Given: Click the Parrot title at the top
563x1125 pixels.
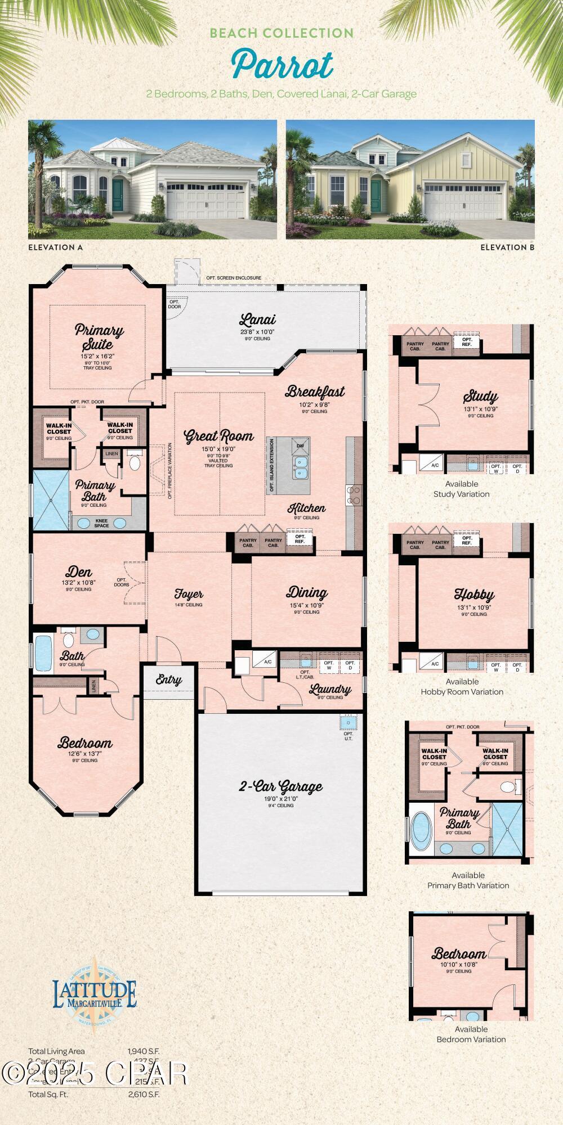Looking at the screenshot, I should [282, 65].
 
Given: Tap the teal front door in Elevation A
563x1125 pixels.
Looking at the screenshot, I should [118, 195].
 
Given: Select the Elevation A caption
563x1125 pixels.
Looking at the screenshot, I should [55, 247].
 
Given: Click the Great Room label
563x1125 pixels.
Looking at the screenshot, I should [219, 436].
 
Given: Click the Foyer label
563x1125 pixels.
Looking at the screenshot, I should [189, 594].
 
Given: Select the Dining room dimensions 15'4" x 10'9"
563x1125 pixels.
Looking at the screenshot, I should [307, 605].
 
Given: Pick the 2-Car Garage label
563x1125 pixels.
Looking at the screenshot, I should [281, 786].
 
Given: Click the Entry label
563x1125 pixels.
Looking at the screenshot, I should [169, 679].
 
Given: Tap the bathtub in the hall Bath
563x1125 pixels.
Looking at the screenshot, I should [43, 650].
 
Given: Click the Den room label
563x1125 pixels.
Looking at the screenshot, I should [79, 573].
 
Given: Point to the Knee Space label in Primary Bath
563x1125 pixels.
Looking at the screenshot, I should [101, 523].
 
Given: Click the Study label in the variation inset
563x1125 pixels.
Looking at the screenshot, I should [480, 397].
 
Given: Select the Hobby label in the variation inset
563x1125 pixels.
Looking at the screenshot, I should [474, 595].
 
